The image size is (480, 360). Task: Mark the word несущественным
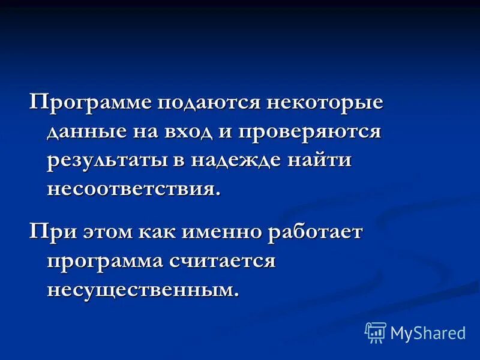click(143, 290)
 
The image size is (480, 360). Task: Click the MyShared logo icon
click(376, 332)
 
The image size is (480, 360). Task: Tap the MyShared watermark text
click(428, 332)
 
